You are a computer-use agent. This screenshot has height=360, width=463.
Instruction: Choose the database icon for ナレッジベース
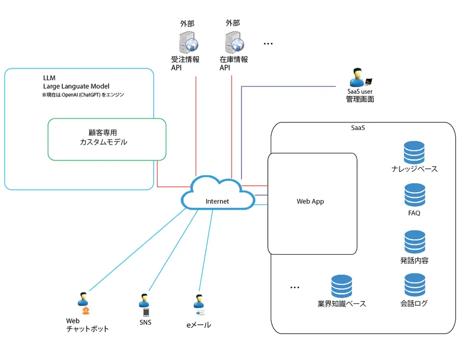(x=414, y=153)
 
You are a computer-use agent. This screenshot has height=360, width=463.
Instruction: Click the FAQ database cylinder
(x=414, y=195)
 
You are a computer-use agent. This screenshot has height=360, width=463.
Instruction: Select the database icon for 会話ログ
(x=414, y=285)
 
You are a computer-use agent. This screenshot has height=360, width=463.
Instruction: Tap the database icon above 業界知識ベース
(x=342, y=286)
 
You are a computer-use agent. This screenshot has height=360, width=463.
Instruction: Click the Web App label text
(x=310, y=202)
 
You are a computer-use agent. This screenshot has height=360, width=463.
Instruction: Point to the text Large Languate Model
(x=76, y=87)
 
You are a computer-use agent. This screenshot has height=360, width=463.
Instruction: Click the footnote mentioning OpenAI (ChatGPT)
(x=83, y=95)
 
